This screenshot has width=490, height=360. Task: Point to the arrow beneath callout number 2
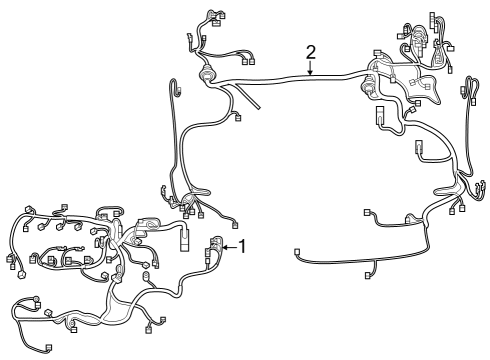coord(310,69)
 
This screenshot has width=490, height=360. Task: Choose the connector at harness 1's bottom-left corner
coord(49,347)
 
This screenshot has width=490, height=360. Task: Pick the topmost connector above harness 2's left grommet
coord(211,14)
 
